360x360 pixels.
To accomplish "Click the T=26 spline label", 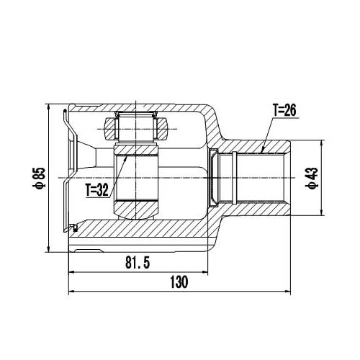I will [x=284, y=110].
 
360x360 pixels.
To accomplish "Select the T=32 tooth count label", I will [x=96, y=190].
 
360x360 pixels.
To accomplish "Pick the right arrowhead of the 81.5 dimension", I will [x=207, y=273].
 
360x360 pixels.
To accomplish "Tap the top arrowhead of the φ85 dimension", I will [x=48, y=107].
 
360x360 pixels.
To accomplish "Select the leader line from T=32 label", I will [x=119, y=169].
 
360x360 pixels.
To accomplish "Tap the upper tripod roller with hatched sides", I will [x=136, y=127].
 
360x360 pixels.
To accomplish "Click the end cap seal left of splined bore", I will [x=214, y=176].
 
